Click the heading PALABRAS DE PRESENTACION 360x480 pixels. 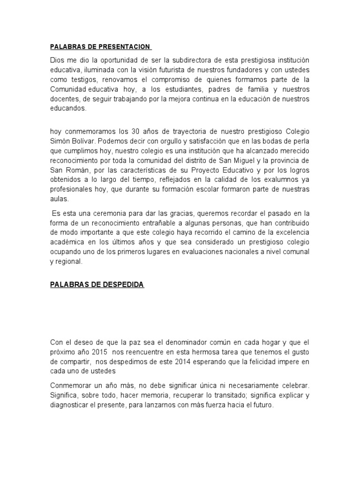click(x=100, y=47)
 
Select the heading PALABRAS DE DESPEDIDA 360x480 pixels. click(x=97, y=285)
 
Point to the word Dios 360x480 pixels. click(x=57, y=61)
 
